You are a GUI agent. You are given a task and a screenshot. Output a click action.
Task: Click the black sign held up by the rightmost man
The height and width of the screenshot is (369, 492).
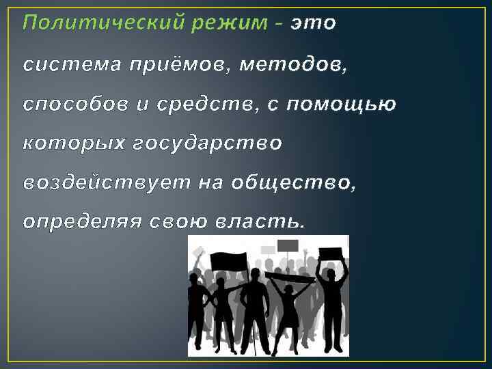pyautogui.click(x=331, y=254)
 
